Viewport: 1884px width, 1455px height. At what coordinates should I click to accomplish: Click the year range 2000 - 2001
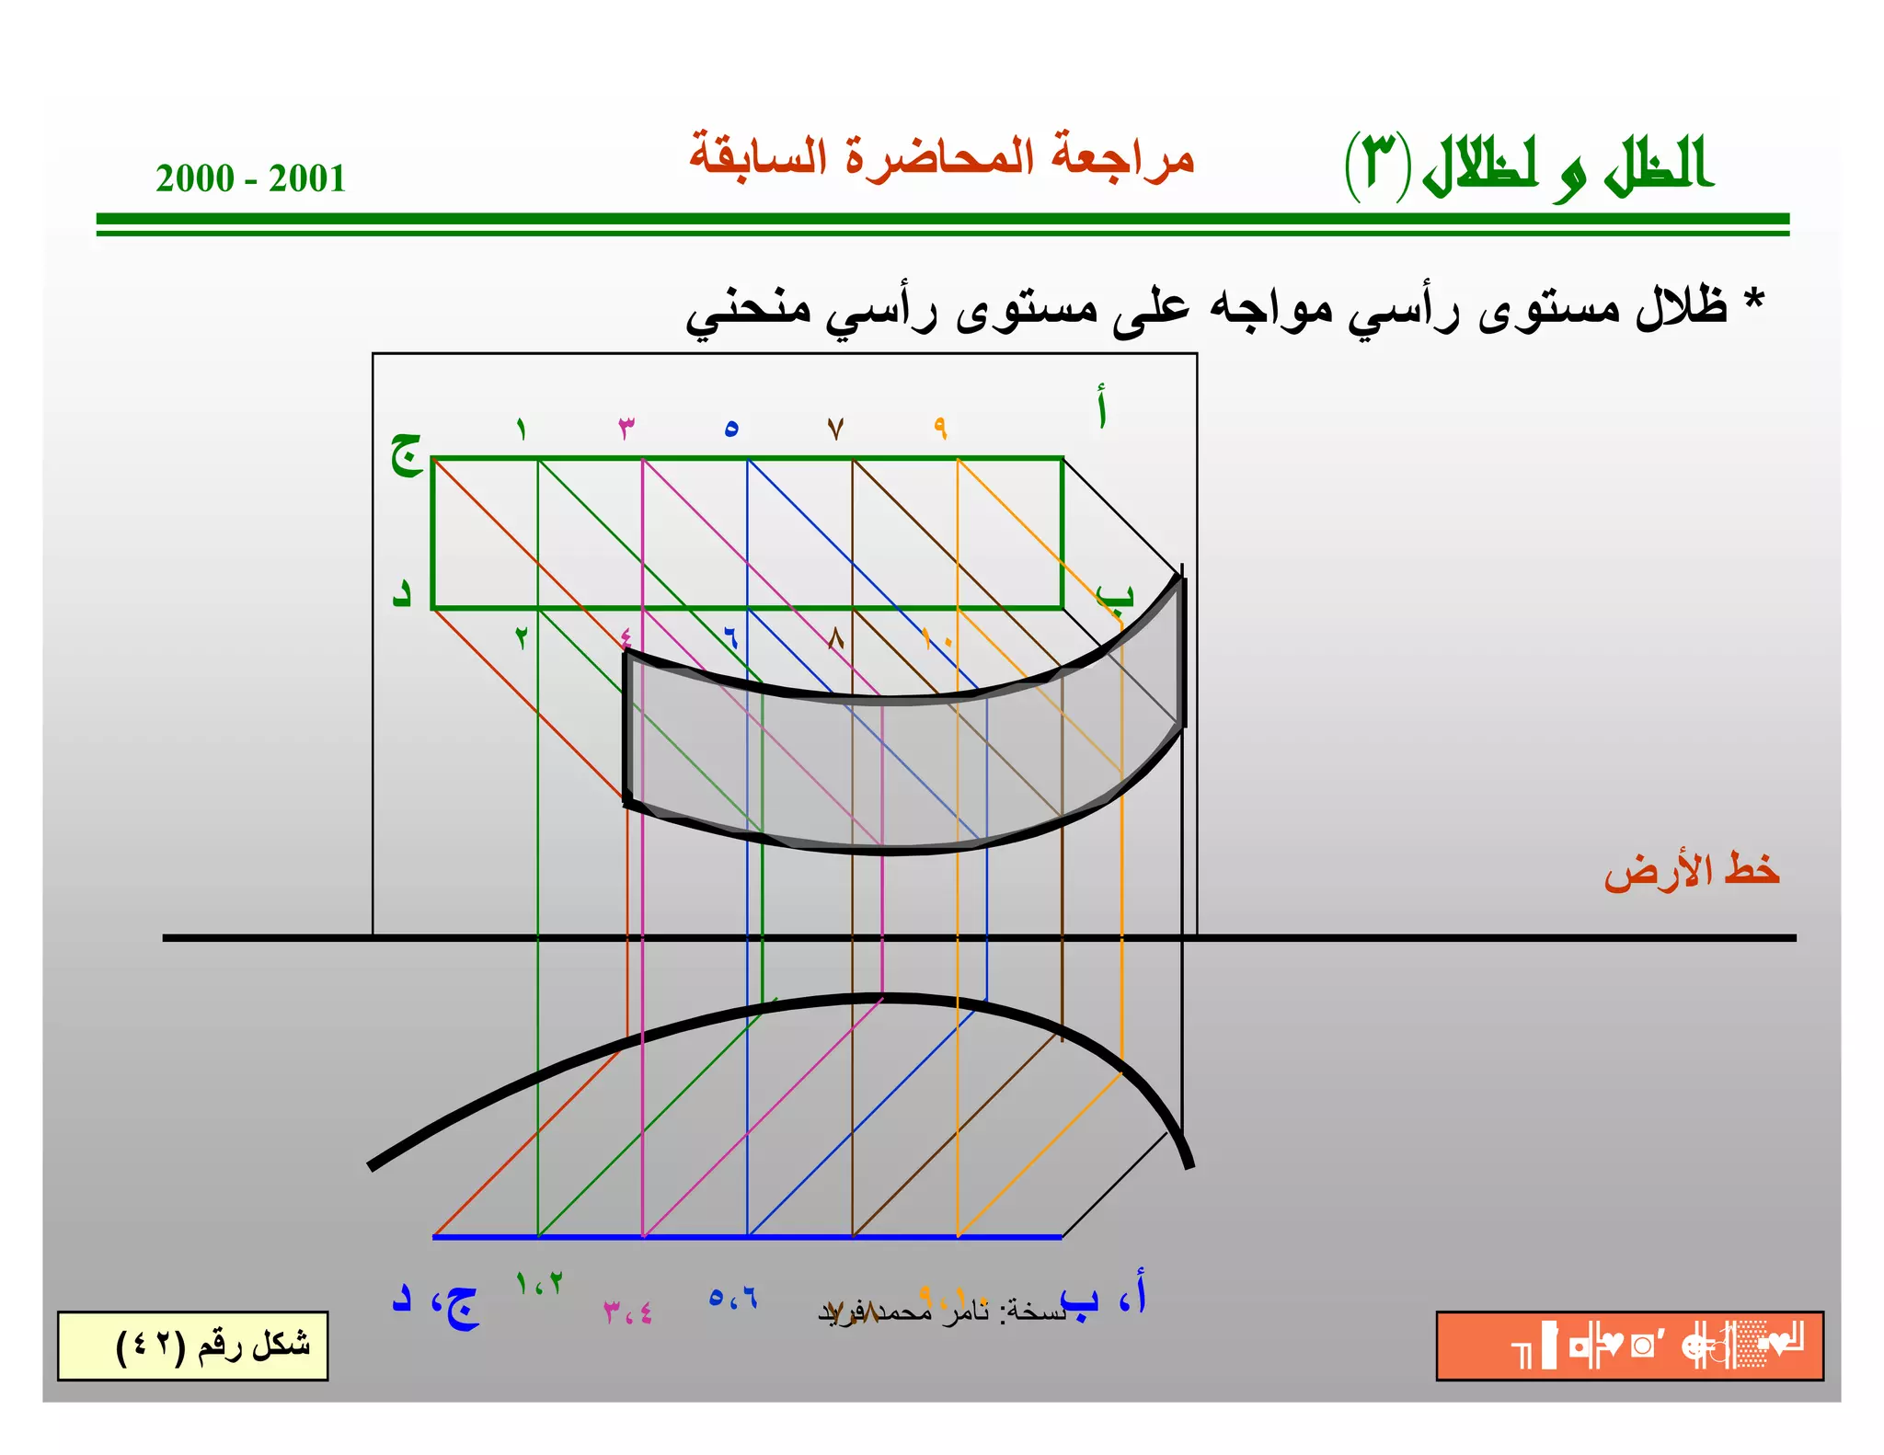[250, 178]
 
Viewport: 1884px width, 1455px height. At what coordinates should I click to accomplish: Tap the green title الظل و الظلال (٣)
[1528, 166]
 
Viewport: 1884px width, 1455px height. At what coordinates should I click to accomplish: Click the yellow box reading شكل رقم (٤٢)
[192, 1346]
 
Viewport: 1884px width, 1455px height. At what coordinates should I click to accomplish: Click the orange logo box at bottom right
[1629, 1346]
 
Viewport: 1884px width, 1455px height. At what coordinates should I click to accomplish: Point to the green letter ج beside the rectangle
[406, 453]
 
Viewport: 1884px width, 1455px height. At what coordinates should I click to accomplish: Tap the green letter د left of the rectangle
[401, 593]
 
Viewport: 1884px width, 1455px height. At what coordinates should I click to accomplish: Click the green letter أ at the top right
[1101, 407]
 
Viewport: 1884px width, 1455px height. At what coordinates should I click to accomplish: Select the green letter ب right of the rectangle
[1115, 595]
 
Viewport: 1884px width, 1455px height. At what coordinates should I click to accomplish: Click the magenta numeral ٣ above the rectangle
[626, 427]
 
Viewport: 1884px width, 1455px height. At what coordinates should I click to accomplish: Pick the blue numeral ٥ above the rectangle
[731, 428]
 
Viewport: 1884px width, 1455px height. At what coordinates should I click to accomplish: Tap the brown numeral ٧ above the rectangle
[835, 429]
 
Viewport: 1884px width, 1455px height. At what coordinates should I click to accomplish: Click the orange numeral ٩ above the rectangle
[940, 428]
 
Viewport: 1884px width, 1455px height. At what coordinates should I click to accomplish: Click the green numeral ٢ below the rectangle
[522, 637]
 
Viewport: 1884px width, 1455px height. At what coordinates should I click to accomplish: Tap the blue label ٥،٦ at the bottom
[733, 1298]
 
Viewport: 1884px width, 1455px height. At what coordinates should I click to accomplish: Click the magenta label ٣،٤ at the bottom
[628, 1312]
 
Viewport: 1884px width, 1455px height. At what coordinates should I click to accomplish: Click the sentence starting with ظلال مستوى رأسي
[1214, 308]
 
